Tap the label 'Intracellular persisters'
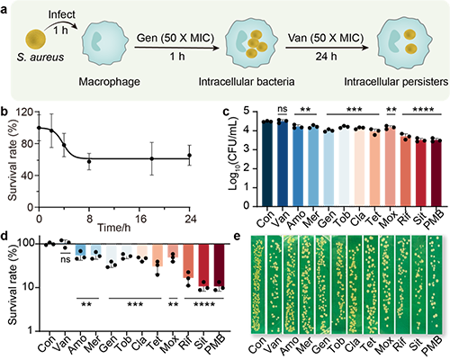[396, 82]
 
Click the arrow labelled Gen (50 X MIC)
[176, 48]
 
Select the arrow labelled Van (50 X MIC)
[327, 48]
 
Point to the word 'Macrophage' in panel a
[109, 82]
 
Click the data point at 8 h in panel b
[89, 161]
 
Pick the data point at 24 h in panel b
[189, 155]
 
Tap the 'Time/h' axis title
[114, 228]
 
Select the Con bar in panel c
[267, 164]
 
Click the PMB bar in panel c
[436, 173]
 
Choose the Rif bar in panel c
[406, 171]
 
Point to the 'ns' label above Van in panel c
[283, 109]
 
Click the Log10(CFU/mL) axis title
[233, 153]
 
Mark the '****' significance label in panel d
[204, 305]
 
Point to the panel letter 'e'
[238, 237]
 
